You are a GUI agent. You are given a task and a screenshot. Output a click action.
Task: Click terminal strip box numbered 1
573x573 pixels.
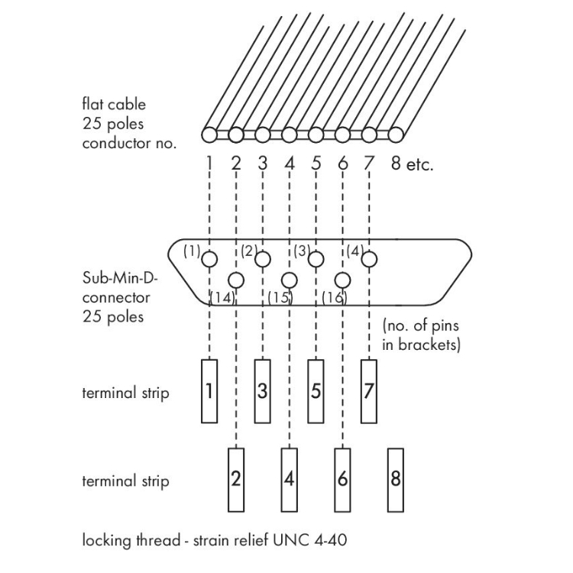point(209,391)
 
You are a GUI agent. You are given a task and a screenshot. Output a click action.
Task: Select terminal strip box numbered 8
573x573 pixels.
point(395,480)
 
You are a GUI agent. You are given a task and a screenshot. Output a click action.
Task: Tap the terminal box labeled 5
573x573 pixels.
point(316,391)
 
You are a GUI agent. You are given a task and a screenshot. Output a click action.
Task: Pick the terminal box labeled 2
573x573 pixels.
point(237,480)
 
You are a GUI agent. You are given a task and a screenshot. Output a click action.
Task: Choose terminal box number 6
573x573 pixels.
point(342,480)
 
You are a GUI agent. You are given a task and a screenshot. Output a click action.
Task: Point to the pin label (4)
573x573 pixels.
point(355,250)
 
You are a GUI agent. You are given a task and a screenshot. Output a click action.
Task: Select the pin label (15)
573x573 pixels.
point(279,296)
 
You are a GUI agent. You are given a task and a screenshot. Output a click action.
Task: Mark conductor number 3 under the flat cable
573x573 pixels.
point(262,163)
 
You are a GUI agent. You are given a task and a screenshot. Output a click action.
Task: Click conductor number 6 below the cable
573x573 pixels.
point(342,163)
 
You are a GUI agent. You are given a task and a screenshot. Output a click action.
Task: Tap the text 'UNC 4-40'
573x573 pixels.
point(322,541)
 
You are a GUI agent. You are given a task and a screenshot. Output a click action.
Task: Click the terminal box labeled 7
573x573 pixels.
point(369,391)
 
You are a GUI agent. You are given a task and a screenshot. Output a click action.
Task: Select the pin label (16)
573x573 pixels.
point(332,296)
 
